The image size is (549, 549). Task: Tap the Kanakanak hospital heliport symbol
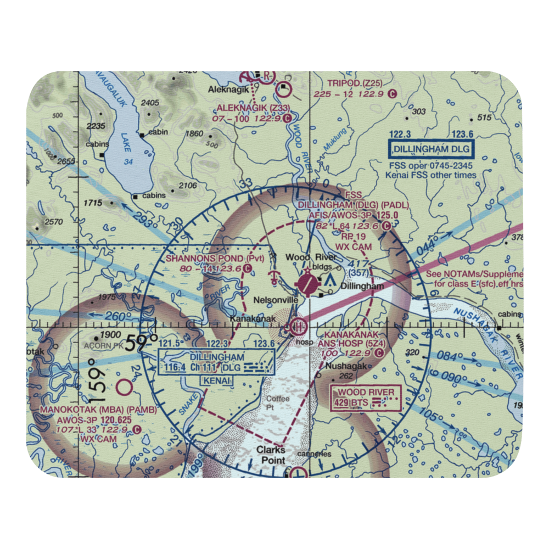(x=298, y=327)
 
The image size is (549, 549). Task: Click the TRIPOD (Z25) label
(x=354, y=83)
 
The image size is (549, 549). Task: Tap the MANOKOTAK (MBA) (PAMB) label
(x=98, y=410)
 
